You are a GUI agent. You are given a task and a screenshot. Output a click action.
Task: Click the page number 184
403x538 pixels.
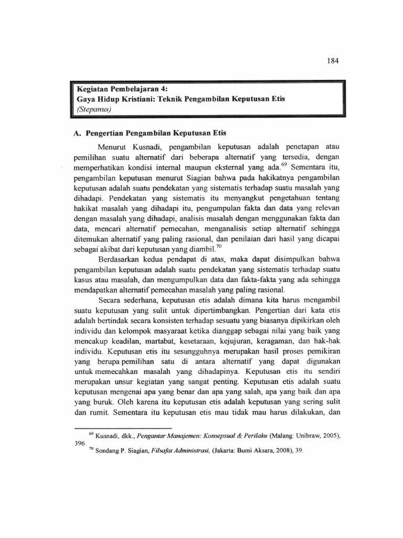334,60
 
